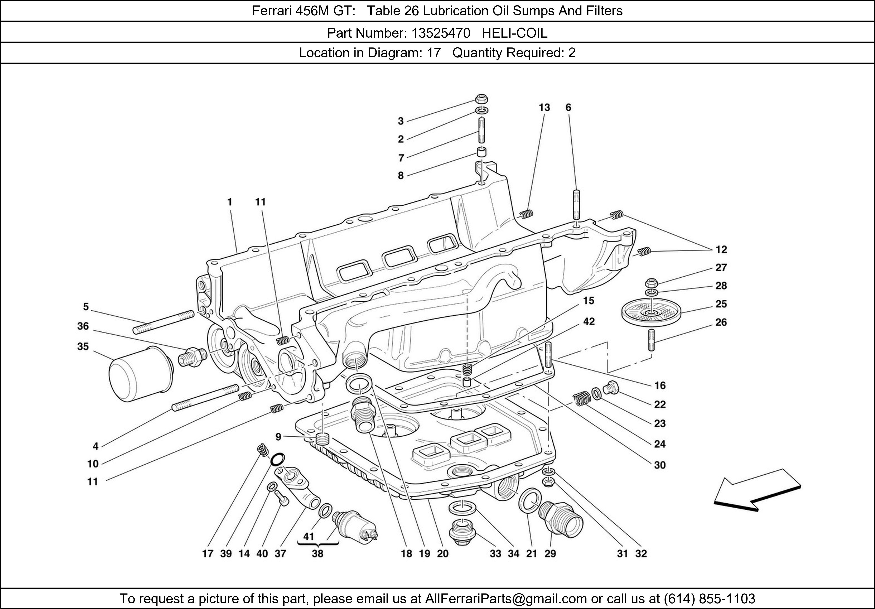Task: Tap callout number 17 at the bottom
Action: [207, 553]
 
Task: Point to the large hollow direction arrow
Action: [756, 490]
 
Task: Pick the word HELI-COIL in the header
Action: [514, 33]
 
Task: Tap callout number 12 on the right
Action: [721, 250]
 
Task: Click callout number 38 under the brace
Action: [317, 553]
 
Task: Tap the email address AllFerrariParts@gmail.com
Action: [506, 599]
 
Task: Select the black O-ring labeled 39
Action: [277, 460]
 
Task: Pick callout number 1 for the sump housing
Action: [230, 202]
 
